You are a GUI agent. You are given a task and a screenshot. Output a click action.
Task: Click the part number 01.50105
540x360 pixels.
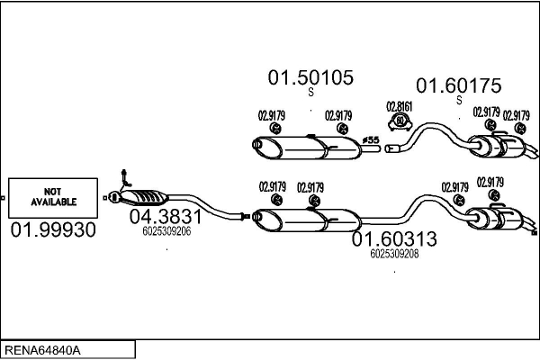click(310, 78)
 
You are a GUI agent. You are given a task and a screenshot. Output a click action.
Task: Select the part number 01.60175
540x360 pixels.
click(457, 86)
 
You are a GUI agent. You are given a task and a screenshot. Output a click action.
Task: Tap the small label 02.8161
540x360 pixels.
click(399, 105)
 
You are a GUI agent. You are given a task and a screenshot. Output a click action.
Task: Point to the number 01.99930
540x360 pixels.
click(53, 231)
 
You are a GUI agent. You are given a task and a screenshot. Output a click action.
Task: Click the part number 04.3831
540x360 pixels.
click(166, 217)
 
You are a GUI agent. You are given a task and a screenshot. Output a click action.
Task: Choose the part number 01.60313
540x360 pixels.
click(394, 239)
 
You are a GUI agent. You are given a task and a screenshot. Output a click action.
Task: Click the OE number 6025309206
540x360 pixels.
click(166, 231)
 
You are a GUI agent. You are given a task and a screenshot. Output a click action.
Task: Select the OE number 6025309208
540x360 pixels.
click(394, 254)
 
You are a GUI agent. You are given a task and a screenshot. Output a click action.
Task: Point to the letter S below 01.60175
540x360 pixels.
click(458, 101)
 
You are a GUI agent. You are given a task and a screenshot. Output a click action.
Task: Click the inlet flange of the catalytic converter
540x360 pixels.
click(114, 194)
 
